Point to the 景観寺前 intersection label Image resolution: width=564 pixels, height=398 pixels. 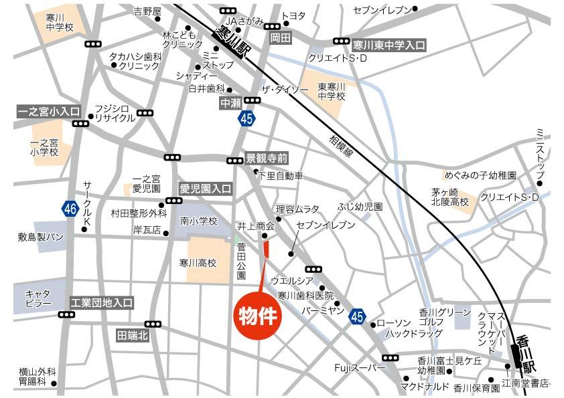[x=267, y=159]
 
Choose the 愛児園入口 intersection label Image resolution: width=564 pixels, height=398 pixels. [x=205, y=189]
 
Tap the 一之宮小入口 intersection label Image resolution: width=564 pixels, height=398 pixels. [x=48, y=111]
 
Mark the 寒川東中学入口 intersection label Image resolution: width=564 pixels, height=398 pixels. [x=389, y=45]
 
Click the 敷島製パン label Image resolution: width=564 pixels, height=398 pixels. [x=42, y=237]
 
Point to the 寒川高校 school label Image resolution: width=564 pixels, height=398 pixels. [x=198, y=263]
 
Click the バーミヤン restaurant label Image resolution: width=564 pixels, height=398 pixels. [x=322, y=310]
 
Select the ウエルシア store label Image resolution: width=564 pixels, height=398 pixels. [x=293, y=280]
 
